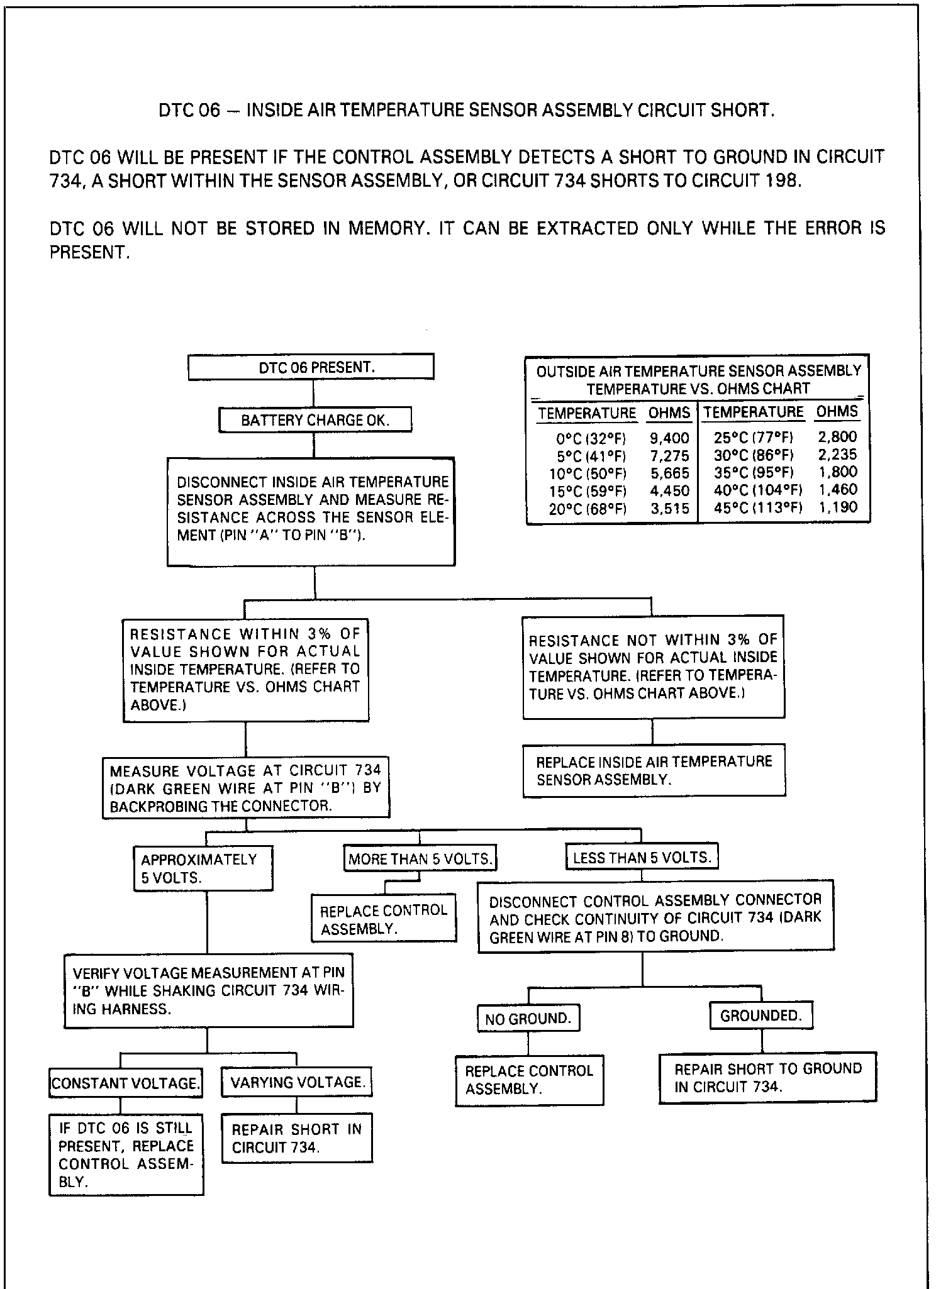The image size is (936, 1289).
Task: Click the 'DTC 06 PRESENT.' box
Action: [311, 367]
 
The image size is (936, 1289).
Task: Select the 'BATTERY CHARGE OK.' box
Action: [315, 420]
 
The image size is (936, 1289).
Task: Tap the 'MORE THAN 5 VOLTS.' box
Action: [420, 859]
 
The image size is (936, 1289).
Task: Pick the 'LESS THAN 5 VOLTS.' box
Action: [642, 858]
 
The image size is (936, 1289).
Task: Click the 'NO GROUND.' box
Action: [528, 1019]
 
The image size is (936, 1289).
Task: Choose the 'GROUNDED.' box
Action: [761, 1015]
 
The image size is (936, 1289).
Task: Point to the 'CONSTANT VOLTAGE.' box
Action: [125, 1083]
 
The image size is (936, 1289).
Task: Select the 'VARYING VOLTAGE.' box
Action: [297, 1082]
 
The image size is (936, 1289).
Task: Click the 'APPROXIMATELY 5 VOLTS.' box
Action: [203, 868]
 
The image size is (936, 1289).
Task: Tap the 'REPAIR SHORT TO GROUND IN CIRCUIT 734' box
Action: [767, 1078]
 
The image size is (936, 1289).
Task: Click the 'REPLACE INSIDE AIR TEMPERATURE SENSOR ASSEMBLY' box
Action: [654, 770]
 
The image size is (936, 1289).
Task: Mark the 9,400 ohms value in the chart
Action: [669, 438]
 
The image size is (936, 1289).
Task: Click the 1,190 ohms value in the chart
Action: [837, 507]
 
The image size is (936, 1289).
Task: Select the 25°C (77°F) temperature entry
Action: [754, 438]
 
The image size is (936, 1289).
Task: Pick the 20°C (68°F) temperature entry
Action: [588, 509]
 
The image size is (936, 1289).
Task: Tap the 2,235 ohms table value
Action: [837, 455]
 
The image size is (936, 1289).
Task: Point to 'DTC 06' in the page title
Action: [189, 111]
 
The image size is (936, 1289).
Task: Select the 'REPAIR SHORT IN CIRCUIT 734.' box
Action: [297, 1138]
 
